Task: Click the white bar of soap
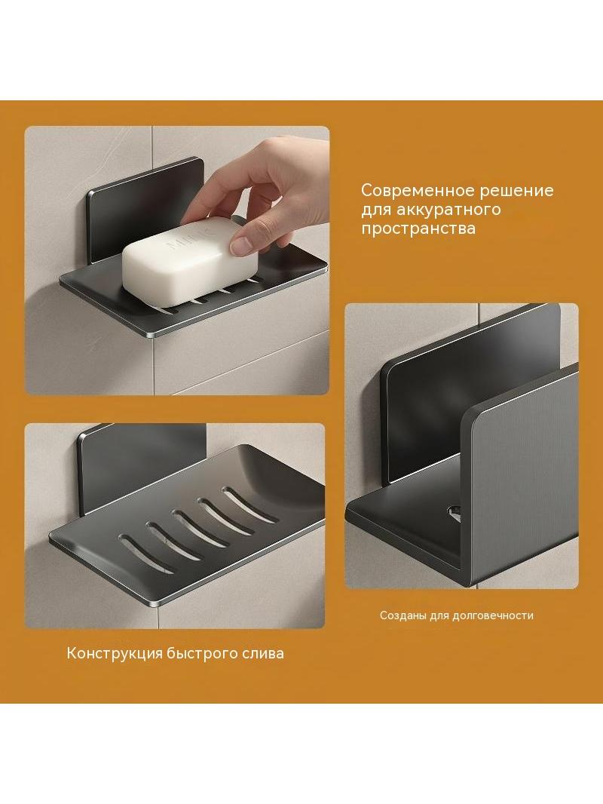pos(189,263)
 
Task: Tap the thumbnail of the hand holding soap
pos(177,260)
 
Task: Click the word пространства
pos(418,229)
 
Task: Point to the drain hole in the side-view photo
pos(454,511)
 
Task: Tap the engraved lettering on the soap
pos(188,238)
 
